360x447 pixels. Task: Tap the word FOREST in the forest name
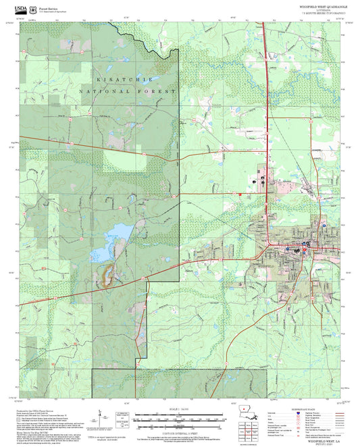point(160,91)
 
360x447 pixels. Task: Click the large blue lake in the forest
point(108,244)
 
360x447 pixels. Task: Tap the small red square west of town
point(240,195)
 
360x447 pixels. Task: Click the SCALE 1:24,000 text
point(180,409)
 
